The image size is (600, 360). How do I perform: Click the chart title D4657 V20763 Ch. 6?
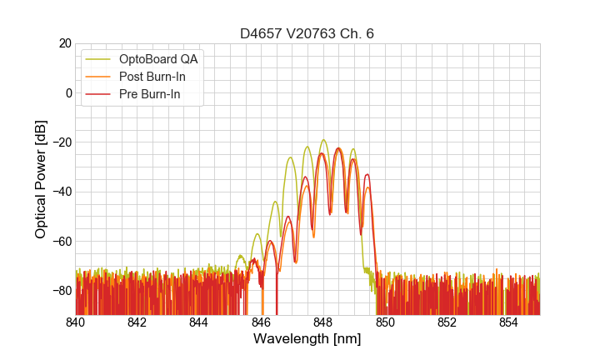[307, 33]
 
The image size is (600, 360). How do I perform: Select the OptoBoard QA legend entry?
[158, 59]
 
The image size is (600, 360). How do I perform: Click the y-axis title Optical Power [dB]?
[41, 178]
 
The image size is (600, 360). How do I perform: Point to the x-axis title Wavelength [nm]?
[307, 339]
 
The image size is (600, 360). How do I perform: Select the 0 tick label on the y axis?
[68, 92]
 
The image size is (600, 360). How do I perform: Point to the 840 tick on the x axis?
[76, 322]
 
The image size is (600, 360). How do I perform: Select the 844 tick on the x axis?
[199, 322]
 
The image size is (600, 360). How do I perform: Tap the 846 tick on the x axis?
[262, 322]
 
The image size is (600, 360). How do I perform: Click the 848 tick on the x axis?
[323, 322]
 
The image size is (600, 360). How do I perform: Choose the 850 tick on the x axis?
[385, 322]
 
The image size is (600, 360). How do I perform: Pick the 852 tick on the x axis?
[447, 322]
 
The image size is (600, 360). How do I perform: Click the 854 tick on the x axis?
[509, 322]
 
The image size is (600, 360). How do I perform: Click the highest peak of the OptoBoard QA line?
[323, 140]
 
